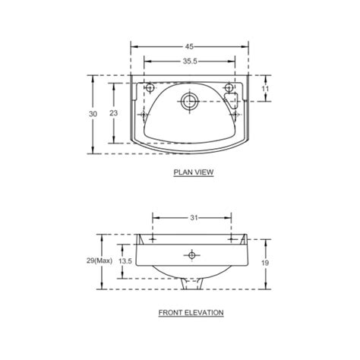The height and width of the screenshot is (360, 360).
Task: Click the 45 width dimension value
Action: [x=189, y=46]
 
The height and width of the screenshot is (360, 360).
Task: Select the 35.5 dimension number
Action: [x=190, y=61]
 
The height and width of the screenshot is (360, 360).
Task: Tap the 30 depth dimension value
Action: [x=93, y=114]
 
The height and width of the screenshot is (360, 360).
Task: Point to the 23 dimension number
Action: [x=114, y=113]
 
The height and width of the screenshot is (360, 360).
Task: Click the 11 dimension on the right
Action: [x=265, y=89]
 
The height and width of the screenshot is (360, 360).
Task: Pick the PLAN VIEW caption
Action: [x=194, y=172]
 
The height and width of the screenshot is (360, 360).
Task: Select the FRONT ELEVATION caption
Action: [x=191, y=313]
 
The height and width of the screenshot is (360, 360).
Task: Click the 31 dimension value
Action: [x=194, y=218]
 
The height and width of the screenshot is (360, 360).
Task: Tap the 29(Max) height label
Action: [x=99, y=261]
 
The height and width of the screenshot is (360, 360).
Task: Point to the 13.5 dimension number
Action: [x=125, y=261]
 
